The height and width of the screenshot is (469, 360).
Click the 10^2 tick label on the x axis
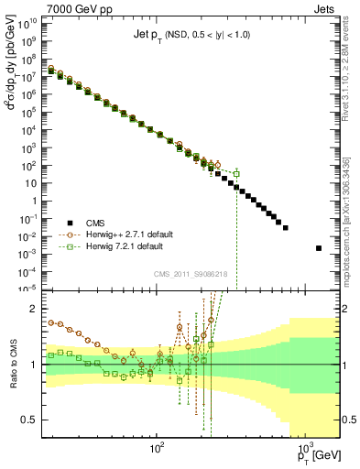157,449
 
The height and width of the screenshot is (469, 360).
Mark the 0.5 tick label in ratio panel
32,420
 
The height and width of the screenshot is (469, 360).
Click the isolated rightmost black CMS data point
319,247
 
